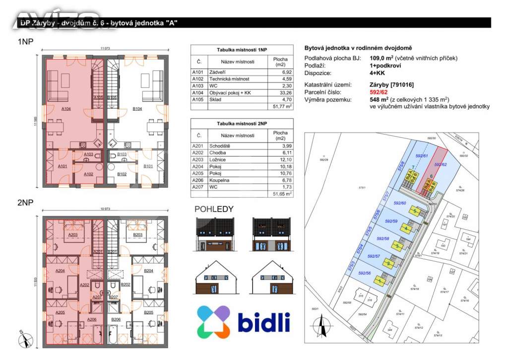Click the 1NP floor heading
tap(25, 42)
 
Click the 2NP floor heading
tap(25, 203)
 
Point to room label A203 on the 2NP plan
tap(72, 235)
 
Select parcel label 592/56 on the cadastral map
tap(365, 273)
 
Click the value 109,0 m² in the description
tap(381, 58)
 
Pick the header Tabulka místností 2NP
tap(242, 123)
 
